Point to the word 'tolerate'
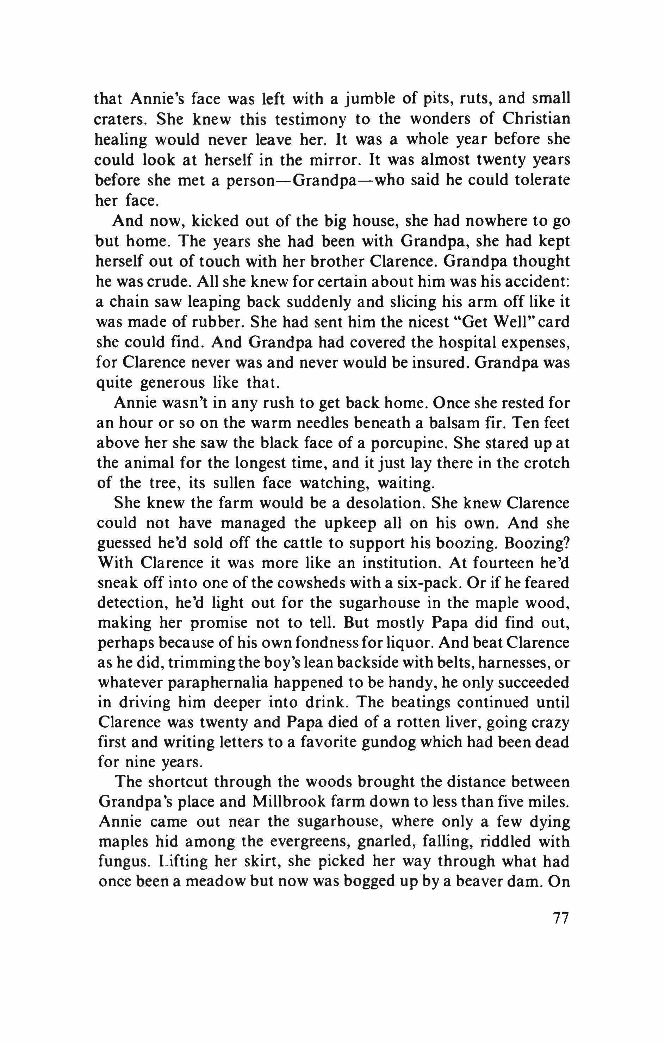541,180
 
